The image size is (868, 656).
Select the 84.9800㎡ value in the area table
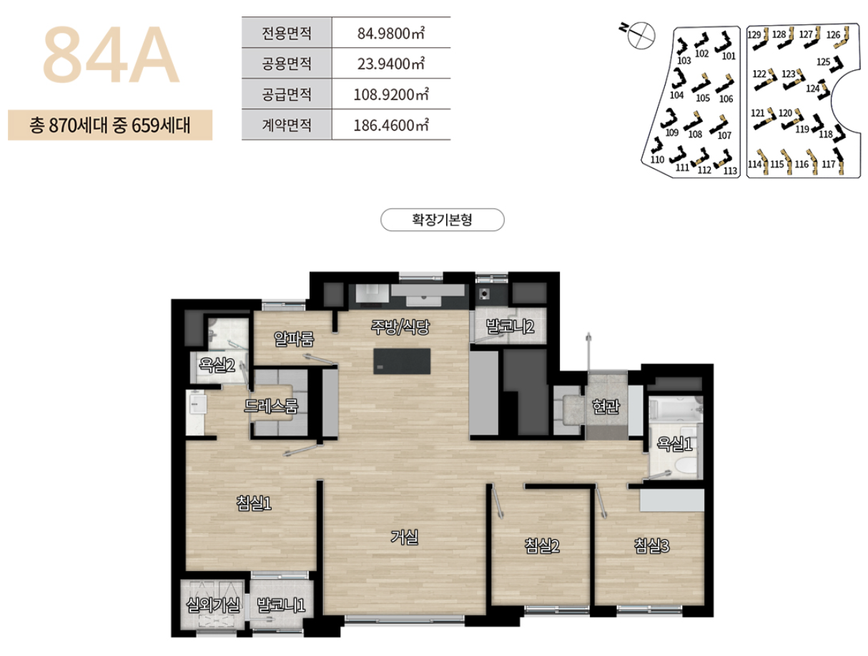390,32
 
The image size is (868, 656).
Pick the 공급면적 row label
287,94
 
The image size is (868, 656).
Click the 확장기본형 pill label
443,220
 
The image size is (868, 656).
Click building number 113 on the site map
729,170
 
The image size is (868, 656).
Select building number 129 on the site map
754,34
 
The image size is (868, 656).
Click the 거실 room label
404,536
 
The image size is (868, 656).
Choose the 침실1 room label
254,504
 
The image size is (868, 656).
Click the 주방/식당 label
399,327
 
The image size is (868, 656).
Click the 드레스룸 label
271,406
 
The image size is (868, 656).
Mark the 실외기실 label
213,606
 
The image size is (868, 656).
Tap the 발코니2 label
511,328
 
